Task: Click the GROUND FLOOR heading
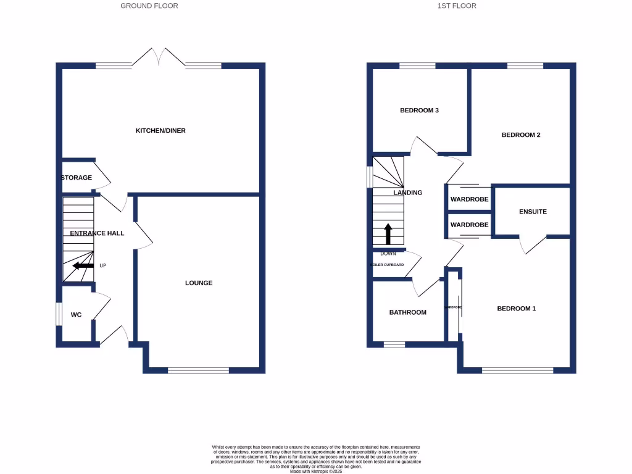[149, 6]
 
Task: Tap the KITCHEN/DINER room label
[160, 131]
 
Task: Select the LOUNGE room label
[199, 283]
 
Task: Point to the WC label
[76, 315]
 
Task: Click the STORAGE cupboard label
[77, 178]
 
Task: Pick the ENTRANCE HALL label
[97, 233]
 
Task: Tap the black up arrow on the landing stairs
[388, 234]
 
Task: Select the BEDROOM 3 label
[419, 110]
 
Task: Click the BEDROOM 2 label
[521, 135]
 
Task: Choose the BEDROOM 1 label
[516, 309]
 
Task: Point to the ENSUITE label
[533, 212]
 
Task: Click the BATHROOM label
[407, 312]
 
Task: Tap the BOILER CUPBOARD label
[387, 265]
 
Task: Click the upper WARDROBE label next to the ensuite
[469, 199]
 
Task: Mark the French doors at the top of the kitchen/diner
[160, 57]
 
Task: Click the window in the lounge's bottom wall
[198, 370]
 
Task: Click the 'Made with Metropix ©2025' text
[315, 471]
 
